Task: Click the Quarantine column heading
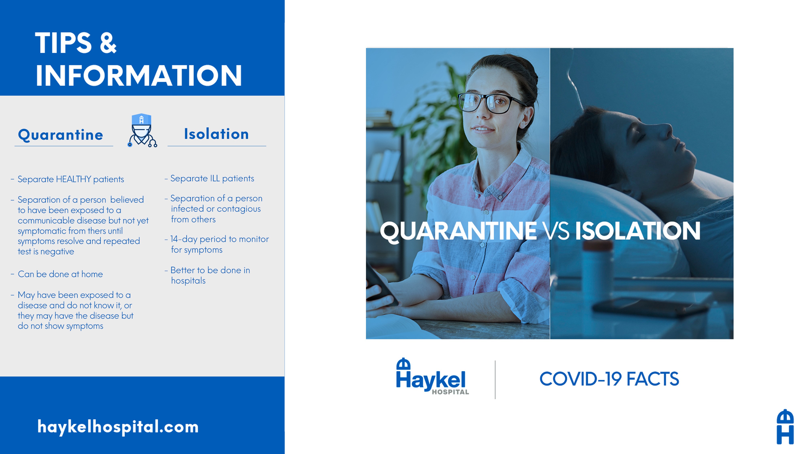click(x=61, y=135)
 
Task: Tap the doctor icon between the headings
click(x=142, y=130)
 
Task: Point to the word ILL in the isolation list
click(x=215, y=178)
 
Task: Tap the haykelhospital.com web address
click(x=118, y=427)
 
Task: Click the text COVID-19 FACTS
click(x=609, y=379)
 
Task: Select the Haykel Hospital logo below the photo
click(x=432, y=376)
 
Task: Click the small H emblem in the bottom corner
click(x=785, y=427)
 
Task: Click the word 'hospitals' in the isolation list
click(x=188, y=281)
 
